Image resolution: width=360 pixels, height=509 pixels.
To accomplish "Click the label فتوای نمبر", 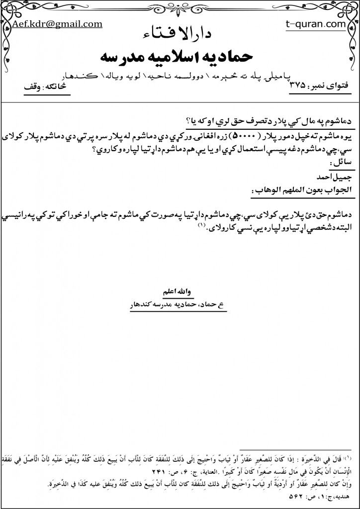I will coord(331,86).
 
